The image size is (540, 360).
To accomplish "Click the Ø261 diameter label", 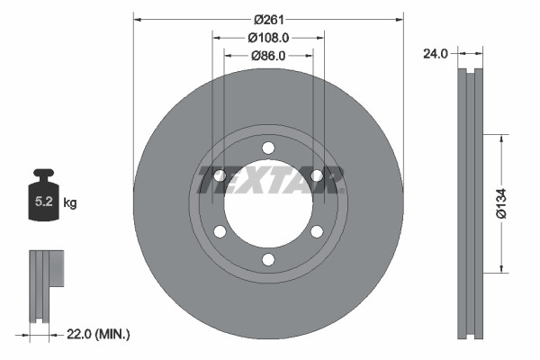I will coord(268,19).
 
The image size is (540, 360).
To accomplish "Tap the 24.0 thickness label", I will coord(436,54).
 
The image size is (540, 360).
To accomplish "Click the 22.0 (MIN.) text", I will coord(99,335).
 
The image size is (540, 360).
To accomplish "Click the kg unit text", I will coord(70,203).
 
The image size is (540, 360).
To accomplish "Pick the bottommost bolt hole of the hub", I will coord(268,260).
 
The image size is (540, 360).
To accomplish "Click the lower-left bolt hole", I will coord(220,232).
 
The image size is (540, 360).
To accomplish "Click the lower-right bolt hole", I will coord(317,232).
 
